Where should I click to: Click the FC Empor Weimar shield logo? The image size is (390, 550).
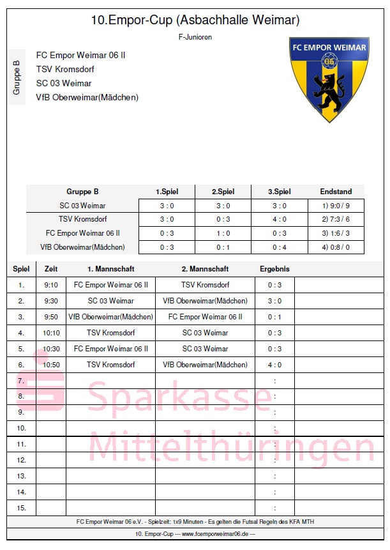(329, 79)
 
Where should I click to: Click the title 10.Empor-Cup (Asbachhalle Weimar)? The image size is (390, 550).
(195, 21)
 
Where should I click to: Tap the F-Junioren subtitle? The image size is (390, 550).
(195, 38)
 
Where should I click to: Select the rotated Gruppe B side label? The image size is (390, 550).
(17, 78)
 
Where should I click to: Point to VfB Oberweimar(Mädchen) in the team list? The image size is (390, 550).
(87, 98)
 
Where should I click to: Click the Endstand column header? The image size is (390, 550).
(336, 192)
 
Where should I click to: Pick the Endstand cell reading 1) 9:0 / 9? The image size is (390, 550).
(336, 206)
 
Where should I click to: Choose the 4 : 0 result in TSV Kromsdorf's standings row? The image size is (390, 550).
(279, 219)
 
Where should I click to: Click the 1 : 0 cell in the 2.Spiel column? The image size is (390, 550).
(223, 233)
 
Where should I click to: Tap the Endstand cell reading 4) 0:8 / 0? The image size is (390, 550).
(336, 247)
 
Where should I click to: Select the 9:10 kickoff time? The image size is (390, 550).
(51, 285)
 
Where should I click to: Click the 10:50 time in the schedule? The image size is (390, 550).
(51, 365)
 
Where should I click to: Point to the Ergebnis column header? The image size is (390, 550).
(274, 269)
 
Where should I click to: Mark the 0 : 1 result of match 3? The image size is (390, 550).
(274, 317)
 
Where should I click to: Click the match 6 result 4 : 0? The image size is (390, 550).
(274, 365)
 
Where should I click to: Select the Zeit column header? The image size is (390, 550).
(51, 269)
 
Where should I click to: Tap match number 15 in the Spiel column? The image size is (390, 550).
(22, 508)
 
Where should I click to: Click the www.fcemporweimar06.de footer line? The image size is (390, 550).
(195, 533)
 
